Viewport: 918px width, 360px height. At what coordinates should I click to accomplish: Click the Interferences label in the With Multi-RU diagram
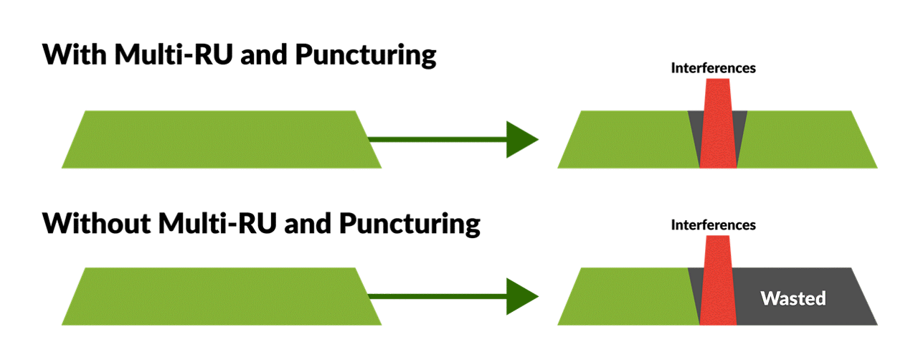click(714, 69)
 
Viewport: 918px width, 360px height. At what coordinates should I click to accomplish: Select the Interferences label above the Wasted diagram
click(714, 226)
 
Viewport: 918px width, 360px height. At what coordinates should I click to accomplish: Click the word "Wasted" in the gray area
click(793, 298)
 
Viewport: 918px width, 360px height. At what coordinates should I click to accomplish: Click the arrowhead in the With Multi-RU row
click(521, 139)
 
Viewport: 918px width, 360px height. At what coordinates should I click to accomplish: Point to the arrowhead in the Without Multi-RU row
click(521, 296)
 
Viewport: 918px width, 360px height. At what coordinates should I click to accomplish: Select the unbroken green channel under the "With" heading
click(221, 139)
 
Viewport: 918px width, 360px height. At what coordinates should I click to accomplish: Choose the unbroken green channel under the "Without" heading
click(221, 296)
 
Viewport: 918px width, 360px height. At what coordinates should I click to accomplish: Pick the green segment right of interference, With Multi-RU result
click(803, 139)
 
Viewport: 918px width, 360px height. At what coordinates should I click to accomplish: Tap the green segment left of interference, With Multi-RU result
click(628, 139)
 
